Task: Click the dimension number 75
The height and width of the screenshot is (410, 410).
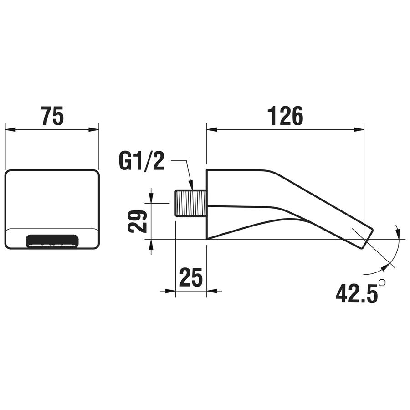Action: click(x=52, y=116)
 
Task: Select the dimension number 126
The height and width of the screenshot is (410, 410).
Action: click(x=285, y=116)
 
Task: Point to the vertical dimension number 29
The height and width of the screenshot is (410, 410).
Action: click(x=138, y=221)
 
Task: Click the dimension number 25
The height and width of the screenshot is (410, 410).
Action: click(x=191, y=277)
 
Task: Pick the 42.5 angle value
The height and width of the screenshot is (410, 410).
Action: click(x=357, y=294)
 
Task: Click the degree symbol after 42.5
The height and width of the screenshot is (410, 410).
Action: click(x=382, y=283)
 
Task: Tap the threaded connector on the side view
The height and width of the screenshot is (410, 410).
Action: click(x=191, y=204)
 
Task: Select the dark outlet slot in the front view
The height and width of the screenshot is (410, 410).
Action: click(x=52, y=240)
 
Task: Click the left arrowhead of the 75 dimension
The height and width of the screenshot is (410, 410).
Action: click(x=10, y=129)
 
